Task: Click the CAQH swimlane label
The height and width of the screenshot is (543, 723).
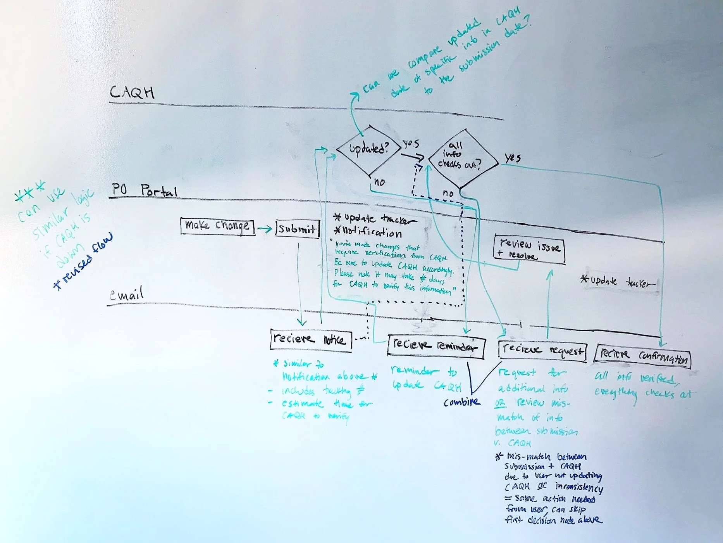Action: tap(132, 93)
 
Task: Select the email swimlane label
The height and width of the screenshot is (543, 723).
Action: tap(126, 295)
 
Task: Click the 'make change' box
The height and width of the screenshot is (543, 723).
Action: tap(217, 226)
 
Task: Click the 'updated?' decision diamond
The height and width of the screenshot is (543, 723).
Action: tap(368, 149)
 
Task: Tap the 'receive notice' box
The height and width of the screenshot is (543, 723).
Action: tap(310, 340)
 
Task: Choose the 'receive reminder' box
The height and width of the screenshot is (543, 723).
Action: tap(436, 346)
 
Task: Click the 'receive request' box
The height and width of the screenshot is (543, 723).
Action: tap(542, 350)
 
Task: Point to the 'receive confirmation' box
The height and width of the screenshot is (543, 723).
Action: tap(643, 355)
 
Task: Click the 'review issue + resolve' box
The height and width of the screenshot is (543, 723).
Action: tap(529, 249)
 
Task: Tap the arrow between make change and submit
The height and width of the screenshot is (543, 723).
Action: tap(265, 229)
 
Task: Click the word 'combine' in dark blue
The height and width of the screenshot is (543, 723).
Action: tap(461, 402)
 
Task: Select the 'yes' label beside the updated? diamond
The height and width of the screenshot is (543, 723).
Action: tap(411, 144)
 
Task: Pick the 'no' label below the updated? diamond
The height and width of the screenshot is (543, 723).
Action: tap(379, 182)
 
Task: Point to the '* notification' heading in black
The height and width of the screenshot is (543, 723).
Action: tap(368, 232)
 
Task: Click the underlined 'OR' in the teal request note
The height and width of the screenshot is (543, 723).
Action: tap(500, 403)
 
